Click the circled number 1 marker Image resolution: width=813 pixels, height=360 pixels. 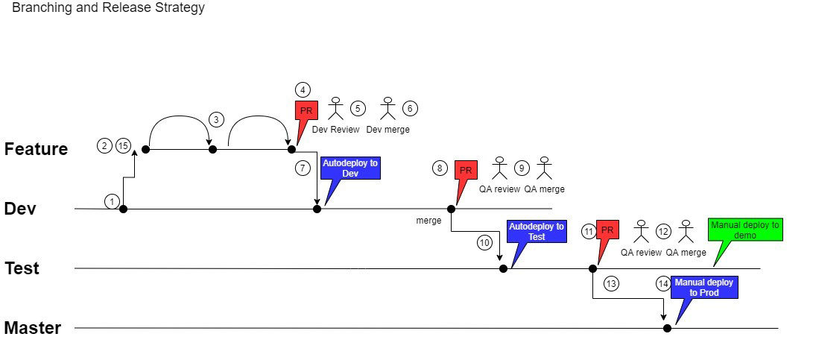click(x=112, y=202)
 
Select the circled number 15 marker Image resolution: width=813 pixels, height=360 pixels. click(x=122, y=146)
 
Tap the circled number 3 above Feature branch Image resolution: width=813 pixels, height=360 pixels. click(x=216, y=119)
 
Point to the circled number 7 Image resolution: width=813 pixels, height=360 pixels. click(x=303, y=168)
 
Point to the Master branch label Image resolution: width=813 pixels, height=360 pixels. click(x=33, y=328)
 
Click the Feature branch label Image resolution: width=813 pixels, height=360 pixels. click(x=37, y=149)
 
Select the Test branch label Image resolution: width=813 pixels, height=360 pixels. click(x=22, y=268)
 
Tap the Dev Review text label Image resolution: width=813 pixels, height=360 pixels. click(x=335, y=130)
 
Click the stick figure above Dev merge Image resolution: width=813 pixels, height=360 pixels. click(x=387, y=108)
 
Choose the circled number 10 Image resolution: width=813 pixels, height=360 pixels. click(x=484, y=242)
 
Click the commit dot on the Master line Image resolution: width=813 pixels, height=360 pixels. click(x=667, y=328)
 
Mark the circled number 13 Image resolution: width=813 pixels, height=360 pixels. click(x=612, y=284)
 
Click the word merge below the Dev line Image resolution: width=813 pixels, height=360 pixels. click(x=428, y=221)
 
